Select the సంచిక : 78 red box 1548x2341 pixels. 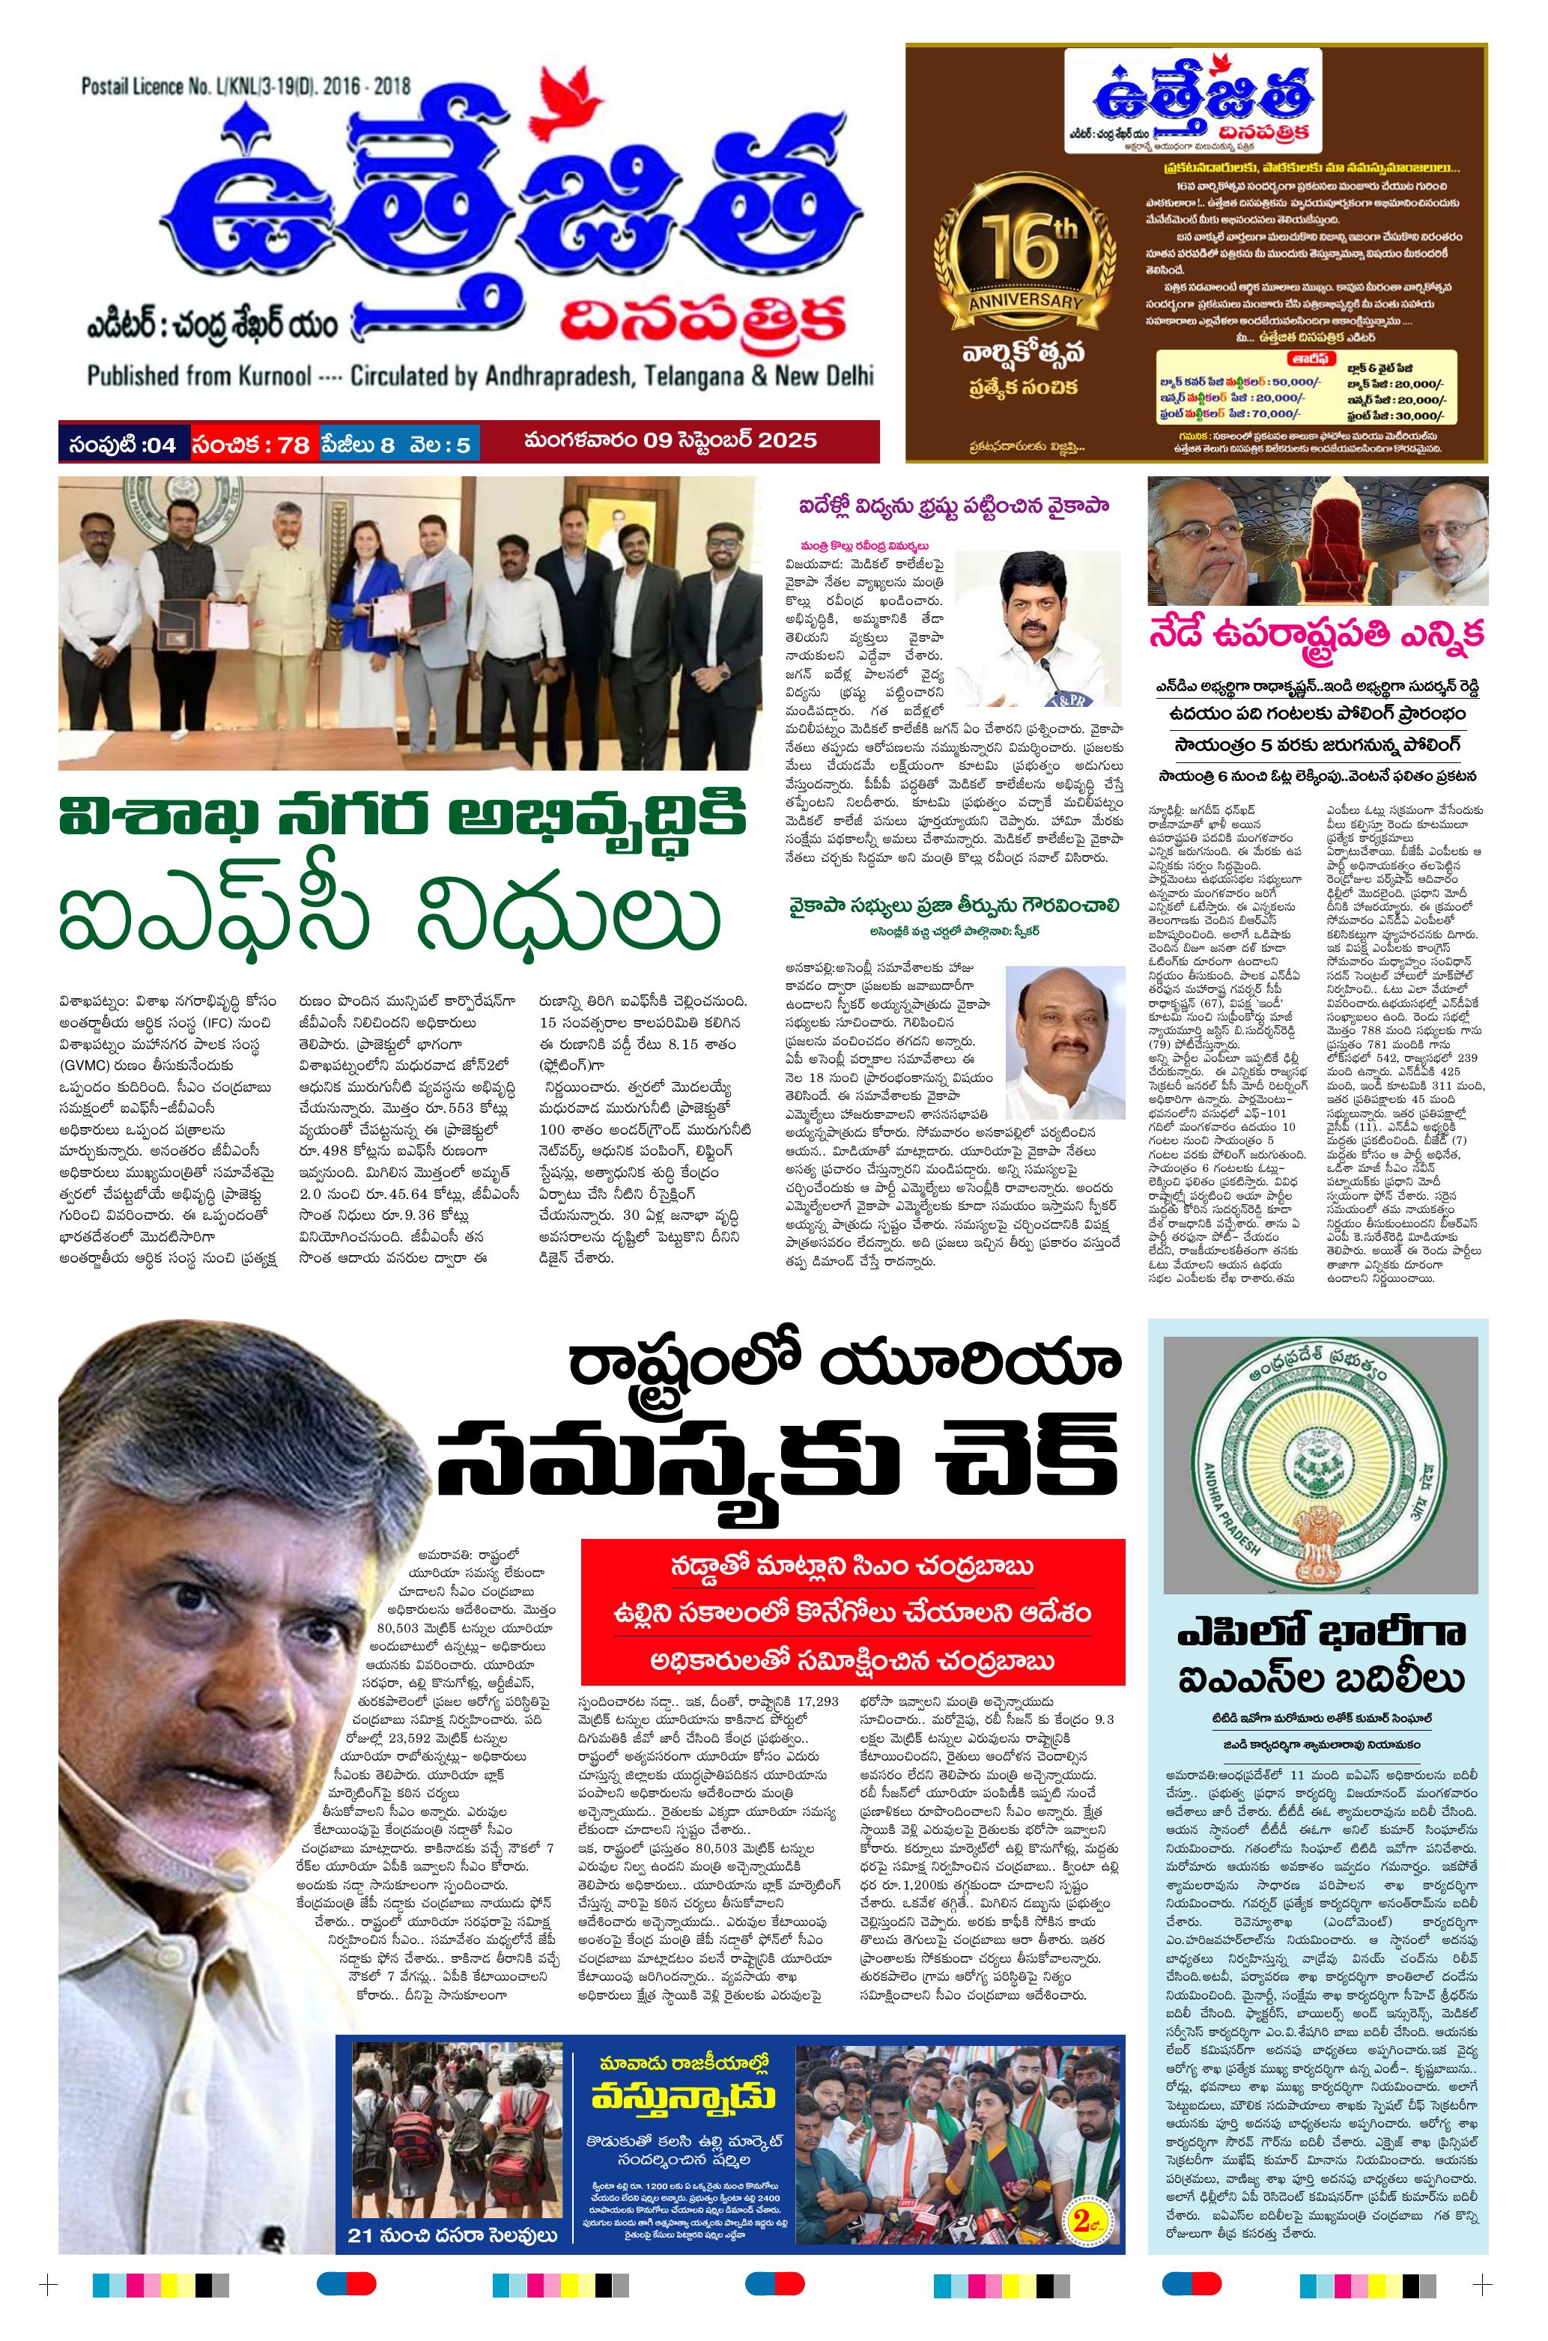pyautogui.click(x=252, y=444)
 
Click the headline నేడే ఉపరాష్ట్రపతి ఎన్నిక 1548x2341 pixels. pyautogui.click(x=1317, y=637)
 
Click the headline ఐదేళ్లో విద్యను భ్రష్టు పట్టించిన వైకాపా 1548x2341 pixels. pyautogui.click(x=955, y=508)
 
